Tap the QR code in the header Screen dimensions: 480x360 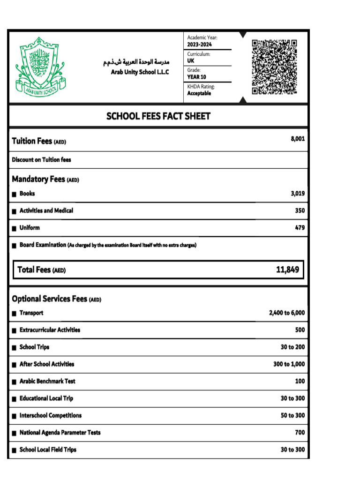coord(274,67)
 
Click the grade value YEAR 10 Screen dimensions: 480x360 coord(196,77)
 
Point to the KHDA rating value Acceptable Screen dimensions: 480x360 coord(199,93)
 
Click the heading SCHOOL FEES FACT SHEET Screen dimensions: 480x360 coord(158,116)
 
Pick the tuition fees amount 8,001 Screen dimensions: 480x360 coord(298,139)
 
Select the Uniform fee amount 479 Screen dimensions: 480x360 coord(300,228)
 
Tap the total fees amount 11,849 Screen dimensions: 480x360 coord(287,270)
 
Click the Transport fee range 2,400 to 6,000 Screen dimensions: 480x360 coord(286,313)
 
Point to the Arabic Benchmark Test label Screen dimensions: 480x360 coord(47,381)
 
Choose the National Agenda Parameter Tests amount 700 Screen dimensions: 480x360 coord(300,433)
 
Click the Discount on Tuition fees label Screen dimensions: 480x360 coord(41,160)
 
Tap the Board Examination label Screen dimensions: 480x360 coord(43,245)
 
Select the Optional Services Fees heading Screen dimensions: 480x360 coord(56,299)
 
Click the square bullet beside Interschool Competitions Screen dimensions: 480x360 coord(15,416)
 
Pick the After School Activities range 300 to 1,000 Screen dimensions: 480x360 coord(289,364)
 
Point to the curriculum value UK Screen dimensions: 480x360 coord(191,61)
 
